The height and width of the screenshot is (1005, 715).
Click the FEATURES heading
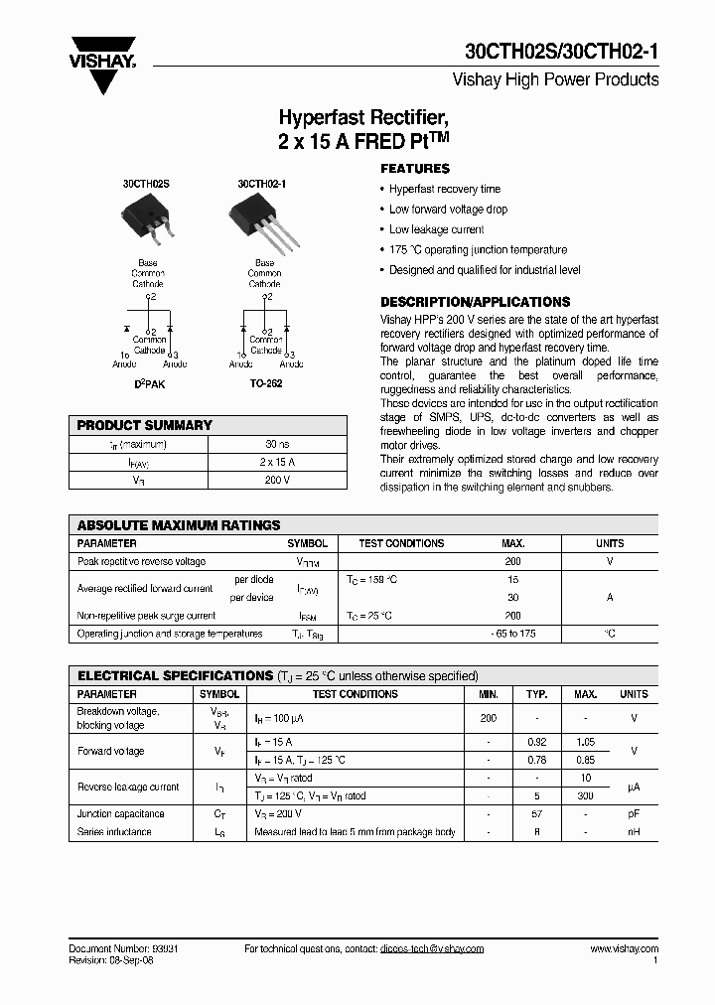(x=415, y=169)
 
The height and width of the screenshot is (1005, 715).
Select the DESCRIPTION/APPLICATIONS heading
(x=476, y=302)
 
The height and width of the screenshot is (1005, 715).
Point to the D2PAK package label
(x=148, y=383)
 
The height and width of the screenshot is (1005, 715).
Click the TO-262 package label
(x=266, y=383)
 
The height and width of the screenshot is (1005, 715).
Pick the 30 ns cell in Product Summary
(x=277, y=444)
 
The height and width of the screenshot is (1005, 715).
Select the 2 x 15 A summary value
(x=277, y=462)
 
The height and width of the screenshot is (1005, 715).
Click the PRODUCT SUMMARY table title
(x=145, y=425)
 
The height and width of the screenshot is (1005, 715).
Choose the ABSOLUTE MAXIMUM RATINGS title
(x=179, y=525)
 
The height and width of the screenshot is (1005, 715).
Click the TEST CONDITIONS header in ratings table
(x=401, y=543)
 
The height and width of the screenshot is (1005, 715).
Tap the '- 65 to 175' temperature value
(x=512, y=634)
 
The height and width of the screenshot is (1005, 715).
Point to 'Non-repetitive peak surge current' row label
(x=146, y=616)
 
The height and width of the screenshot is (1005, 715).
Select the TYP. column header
(x=537, y=694)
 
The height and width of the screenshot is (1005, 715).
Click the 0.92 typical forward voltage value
(x=537, y=742)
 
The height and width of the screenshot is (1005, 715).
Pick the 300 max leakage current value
(x=586, y=796)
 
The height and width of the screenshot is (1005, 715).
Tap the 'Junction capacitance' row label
(x=121, y=814)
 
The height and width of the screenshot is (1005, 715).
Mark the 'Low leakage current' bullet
(x=436, y=229)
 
